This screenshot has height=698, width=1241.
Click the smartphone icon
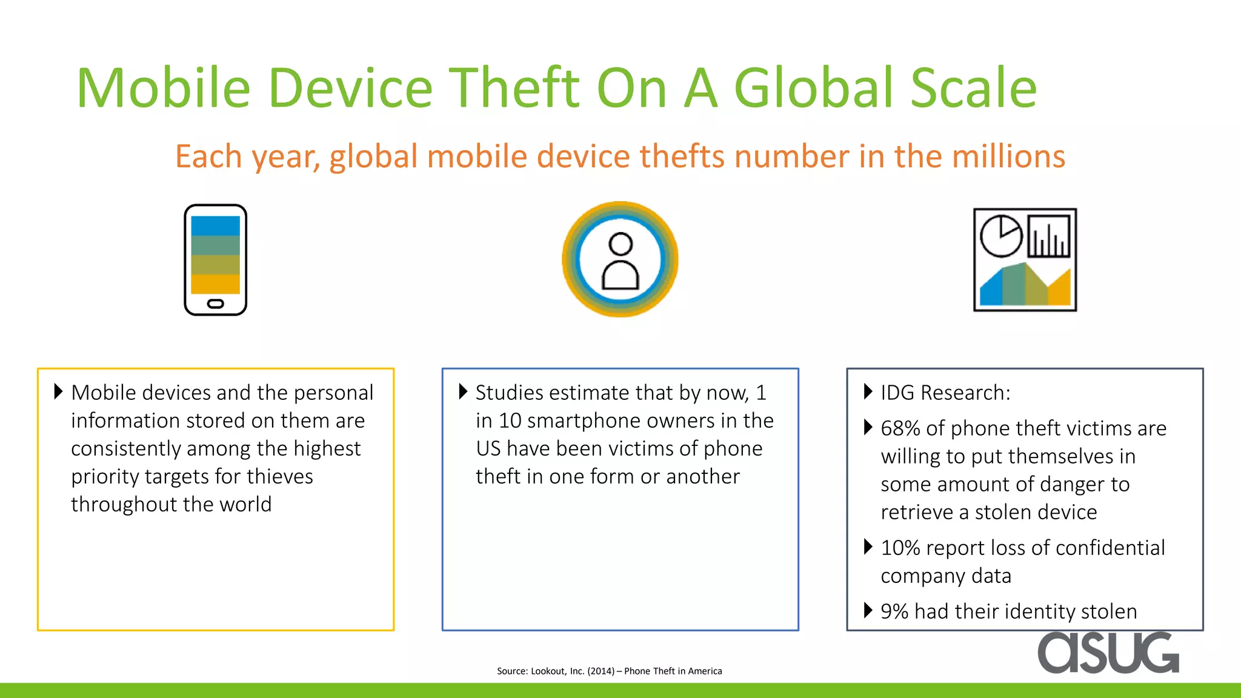click(216, 259)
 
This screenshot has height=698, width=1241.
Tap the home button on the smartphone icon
click(216, 304)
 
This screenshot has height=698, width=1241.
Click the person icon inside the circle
click(620, 261)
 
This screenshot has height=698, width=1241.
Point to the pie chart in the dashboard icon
click(1000, 236)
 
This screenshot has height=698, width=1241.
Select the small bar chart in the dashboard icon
click(1048, 237)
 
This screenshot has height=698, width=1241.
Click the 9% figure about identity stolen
click(894, 612)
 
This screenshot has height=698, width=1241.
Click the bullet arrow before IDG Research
click(868, 392)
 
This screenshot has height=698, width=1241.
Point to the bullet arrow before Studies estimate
click(463, 391)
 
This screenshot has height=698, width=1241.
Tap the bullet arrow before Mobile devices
click(58, 391)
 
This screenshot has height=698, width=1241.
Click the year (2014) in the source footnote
click(601, 671)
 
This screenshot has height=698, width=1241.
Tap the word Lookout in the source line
click(548, 671)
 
